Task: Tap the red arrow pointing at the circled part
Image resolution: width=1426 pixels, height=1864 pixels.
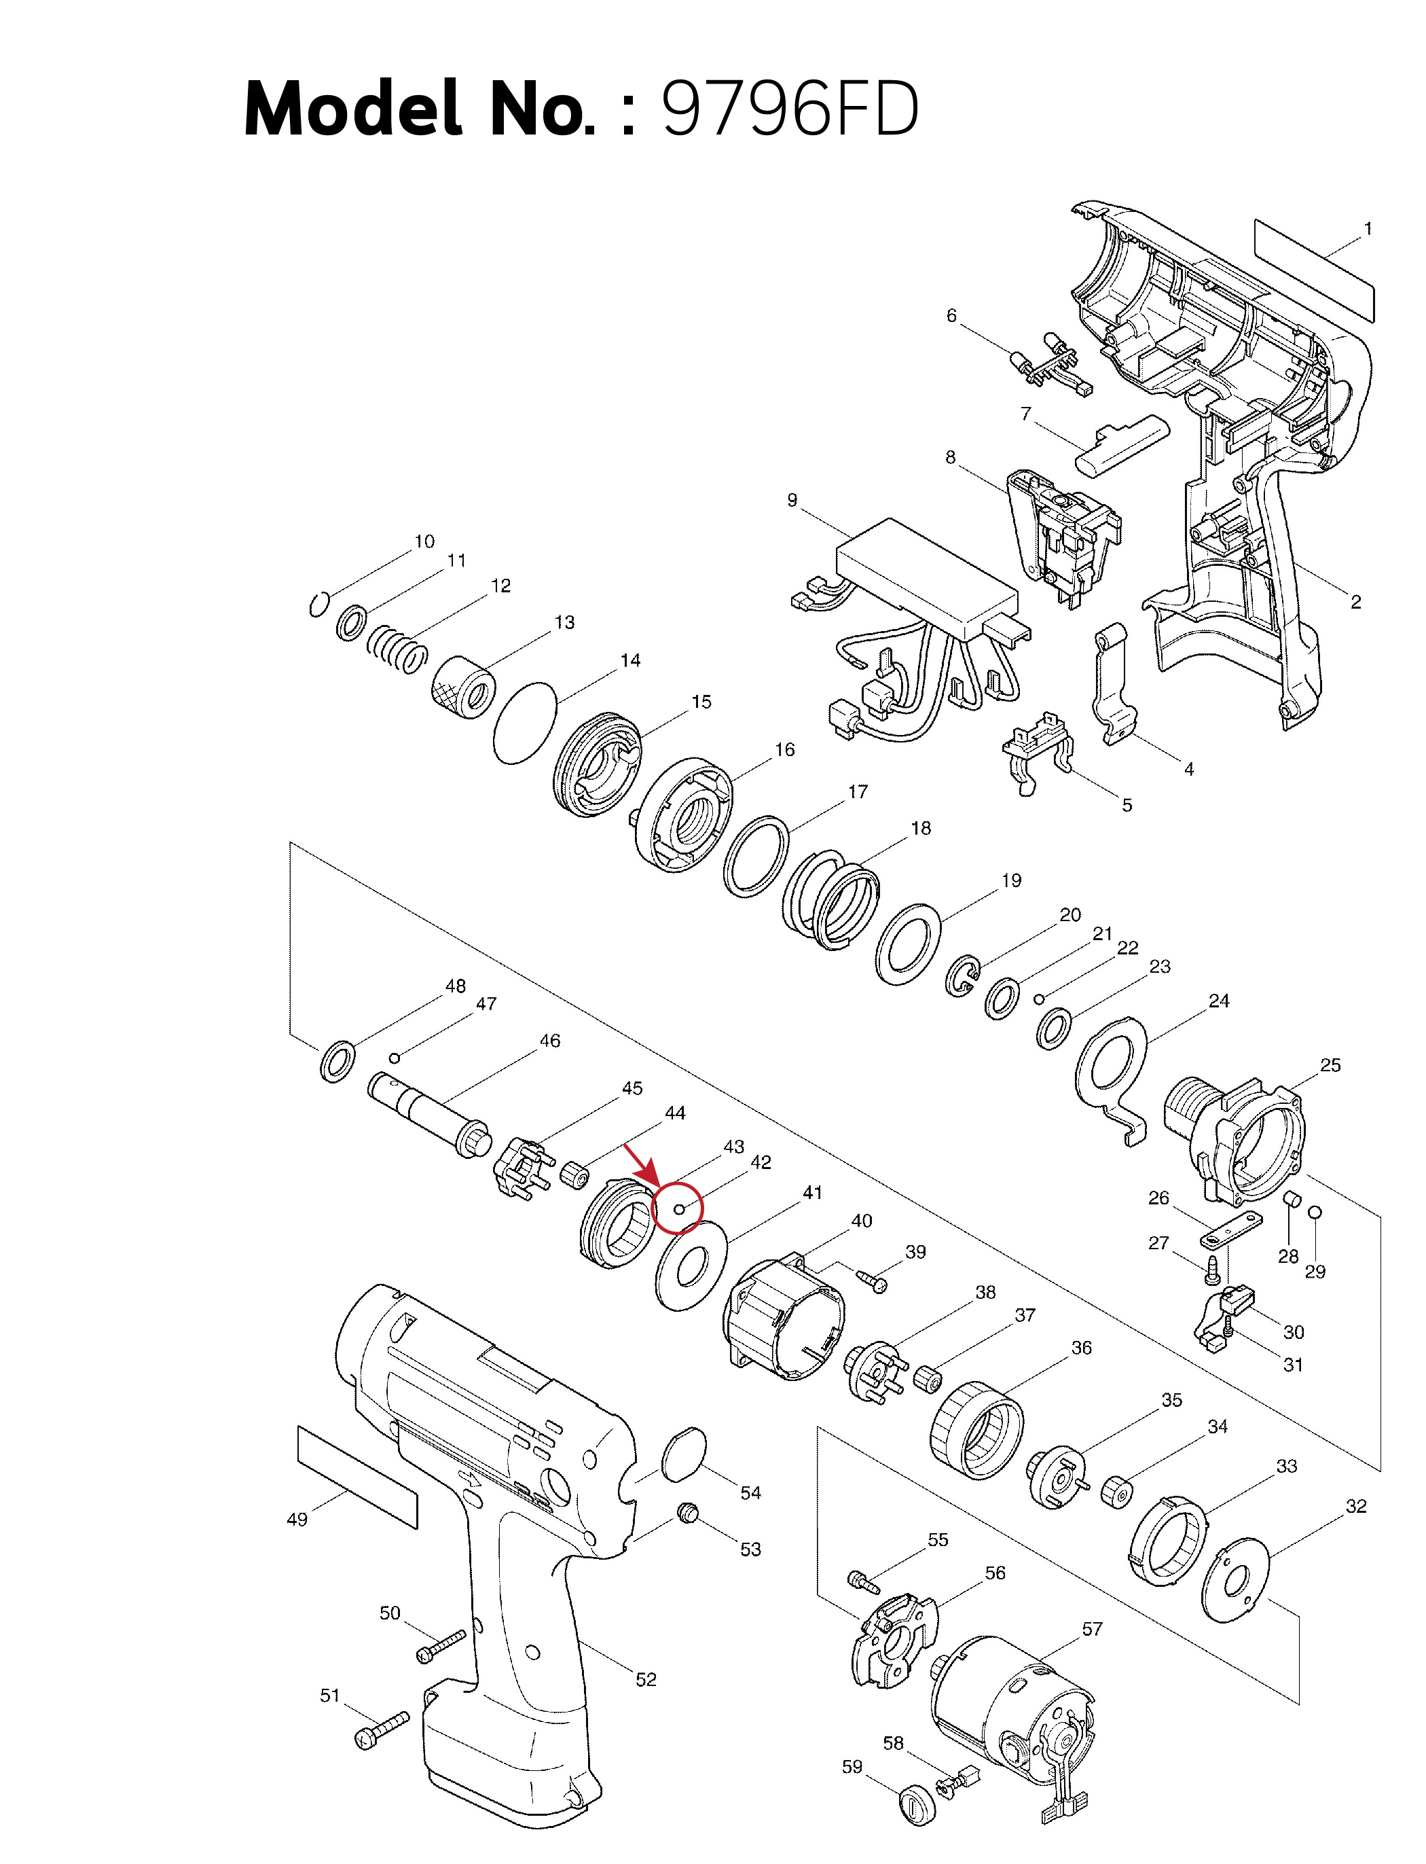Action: pos(640,1165)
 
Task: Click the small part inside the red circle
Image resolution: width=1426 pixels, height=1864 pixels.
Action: pos(678,1208)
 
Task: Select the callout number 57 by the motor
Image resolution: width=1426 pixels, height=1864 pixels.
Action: pos(1093,1629)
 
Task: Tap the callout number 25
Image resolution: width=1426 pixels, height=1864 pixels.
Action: pos(1330,1065)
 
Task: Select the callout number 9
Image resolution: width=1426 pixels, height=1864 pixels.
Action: pos(792,500)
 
